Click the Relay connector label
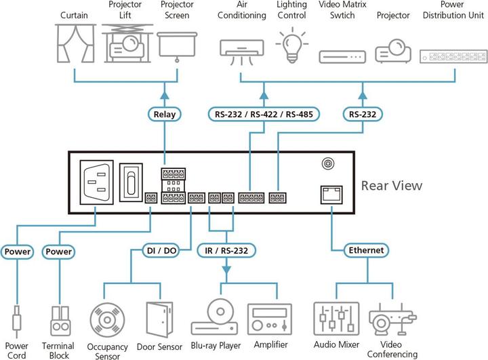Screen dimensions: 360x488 click(165, 114)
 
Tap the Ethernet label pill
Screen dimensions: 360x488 click(366, 250)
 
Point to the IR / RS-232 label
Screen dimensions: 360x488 click(227, 250)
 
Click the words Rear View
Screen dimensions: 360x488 click(391, 185)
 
